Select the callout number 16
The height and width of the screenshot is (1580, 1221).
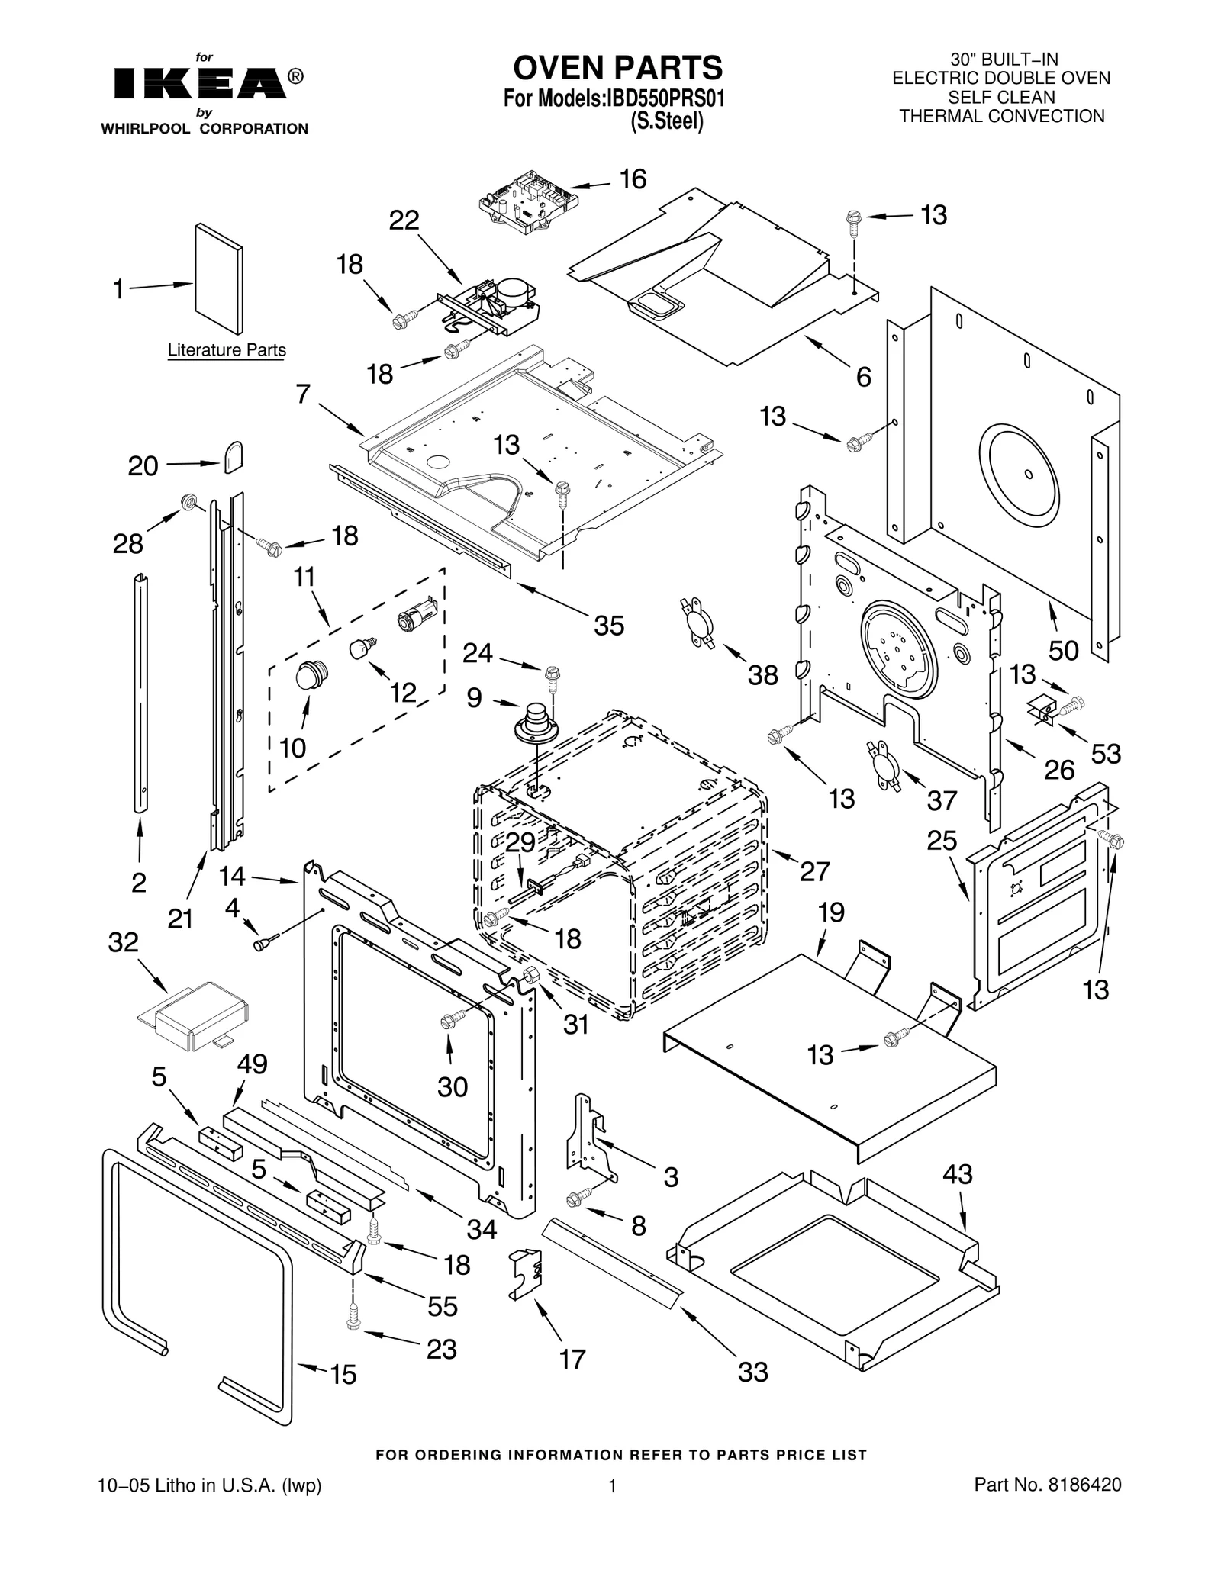(633, 179)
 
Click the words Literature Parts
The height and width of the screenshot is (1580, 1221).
(227, 350)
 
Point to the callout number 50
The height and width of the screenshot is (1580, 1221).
(1063, 651)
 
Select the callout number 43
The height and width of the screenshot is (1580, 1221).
(957, 1174)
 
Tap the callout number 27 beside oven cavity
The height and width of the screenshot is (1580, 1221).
(814, 871)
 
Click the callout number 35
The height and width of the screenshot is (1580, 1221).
(609, 626)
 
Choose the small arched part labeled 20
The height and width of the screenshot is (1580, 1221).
(233, 457)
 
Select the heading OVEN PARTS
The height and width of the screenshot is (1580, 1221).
(617, 68)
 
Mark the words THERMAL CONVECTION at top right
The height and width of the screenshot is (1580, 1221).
(1001, 116)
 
